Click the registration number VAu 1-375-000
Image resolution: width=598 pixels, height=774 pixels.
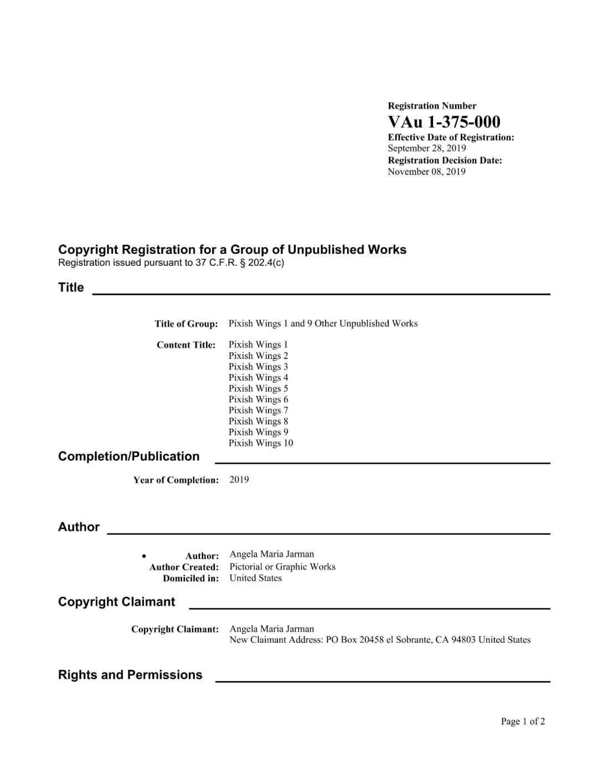coord(444,122)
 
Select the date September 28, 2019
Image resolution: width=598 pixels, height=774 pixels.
coord(426,148)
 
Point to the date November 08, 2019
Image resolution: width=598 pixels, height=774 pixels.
coord(426,172)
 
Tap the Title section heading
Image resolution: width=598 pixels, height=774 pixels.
coord(71,288)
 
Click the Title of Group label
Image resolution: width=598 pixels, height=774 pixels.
coord(186,324)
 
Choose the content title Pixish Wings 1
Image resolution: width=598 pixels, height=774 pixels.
coord(258,345)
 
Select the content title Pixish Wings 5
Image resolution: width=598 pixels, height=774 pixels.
coord(258,388)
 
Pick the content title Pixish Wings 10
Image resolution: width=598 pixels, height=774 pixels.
coord(261,443)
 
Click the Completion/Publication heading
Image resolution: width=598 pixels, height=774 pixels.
coord(128,457)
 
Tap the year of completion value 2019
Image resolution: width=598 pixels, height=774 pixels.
coord(239,480)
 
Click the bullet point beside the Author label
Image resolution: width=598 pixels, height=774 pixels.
coord(144,556)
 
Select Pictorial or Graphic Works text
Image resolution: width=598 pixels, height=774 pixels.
coord(282,567)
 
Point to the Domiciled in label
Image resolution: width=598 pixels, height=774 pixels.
coord(190,578)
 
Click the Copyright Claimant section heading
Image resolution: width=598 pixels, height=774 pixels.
coord(116,602)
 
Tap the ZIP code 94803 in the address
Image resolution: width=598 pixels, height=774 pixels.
coord(463,640)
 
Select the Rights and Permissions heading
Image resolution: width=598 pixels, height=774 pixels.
coord(130,675)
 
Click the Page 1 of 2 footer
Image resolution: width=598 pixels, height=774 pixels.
coord(523,721)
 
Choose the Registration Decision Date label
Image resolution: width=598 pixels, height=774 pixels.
coord(445,161)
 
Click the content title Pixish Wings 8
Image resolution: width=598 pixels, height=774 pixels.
coord(258,421)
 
